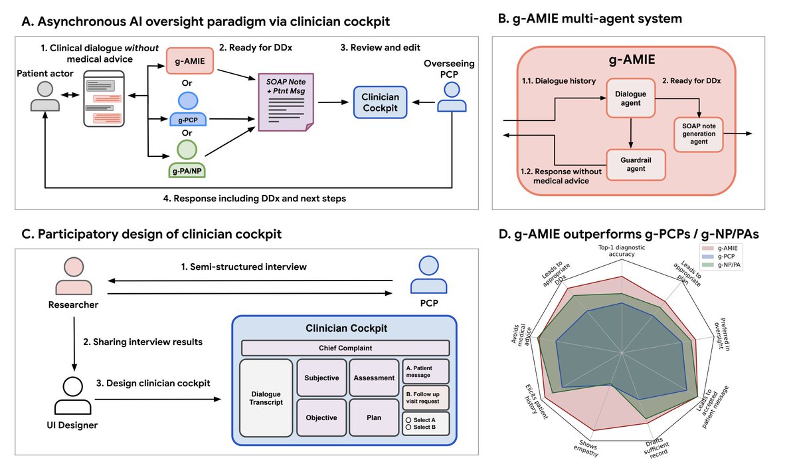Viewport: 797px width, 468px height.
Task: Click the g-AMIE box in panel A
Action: pyautogui.click(x=187, y=62)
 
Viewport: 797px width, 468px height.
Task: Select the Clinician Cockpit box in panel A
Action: pyautogui.click(x=380, y=102)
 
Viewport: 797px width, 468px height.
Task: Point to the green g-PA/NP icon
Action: pyautogui.click(x=187, y=157)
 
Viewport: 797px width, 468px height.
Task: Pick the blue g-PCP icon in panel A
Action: pyautogui.click(x=187, y=106)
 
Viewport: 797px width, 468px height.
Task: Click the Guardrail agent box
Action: pyautogui.click(x=636, y=164)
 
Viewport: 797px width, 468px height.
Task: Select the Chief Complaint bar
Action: pyautogui.click(x=345, y=347)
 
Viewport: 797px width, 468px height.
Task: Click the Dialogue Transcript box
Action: pyautogui.click(x=266, y=398)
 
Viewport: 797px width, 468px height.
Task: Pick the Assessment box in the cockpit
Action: pyautogui.click(x=374, y=378)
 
